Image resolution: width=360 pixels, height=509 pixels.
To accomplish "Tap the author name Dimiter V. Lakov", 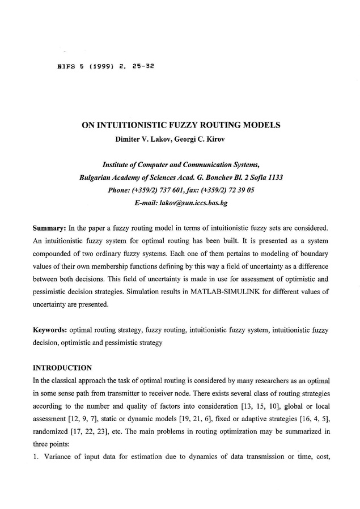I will click(x=143, y=137).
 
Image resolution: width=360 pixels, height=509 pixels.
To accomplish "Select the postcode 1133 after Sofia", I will click(x=274, y=177).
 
